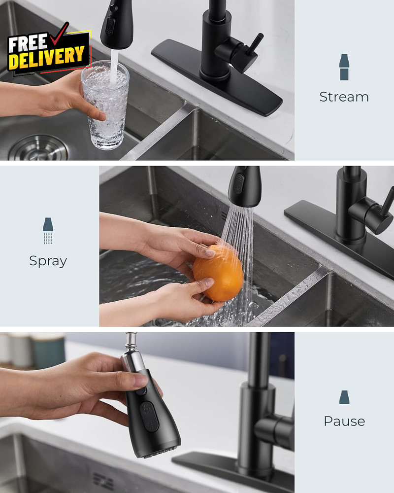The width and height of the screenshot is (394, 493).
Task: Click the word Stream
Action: [344, 97]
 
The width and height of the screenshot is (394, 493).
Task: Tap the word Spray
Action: [48, 261]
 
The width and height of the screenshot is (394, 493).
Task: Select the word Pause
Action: [344, 421]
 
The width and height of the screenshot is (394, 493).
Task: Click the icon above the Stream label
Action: [344, 67]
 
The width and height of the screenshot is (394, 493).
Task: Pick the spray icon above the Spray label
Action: [48, 231]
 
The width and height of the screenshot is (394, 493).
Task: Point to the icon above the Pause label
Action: [344, 397]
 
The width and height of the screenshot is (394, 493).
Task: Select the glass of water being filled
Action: [105, 106]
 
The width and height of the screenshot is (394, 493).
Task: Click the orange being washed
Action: [218, 273]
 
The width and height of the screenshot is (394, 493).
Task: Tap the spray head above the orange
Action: [244, 186]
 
